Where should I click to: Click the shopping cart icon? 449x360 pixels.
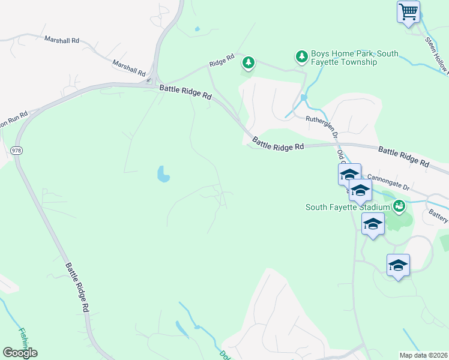click(408, 11)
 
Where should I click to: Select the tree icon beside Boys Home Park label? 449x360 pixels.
click(301, 57)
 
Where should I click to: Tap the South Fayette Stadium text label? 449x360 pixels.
click(348, 208)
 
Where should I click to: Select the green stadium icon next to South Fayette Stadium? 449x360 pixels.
click(399, 207)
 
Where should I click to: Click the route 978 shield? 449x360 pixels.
click(17, 151)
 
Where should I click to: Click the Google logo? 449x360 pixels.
click(20, 353)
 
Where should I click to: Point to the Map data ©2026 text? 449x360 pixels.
click(423, 355)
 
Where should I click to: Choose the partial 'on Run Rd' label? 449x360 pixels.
click(14, 119)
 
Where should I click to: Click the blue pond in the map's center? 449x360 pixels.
click(163, 174)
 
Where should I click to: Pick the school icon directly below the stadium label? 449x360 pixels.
click(373, 224)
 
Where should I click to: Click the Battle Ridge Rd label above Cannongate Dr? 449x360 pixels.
click(403, 155)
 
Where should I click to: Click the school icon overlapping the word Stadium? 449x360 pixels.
click(360, 191)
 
